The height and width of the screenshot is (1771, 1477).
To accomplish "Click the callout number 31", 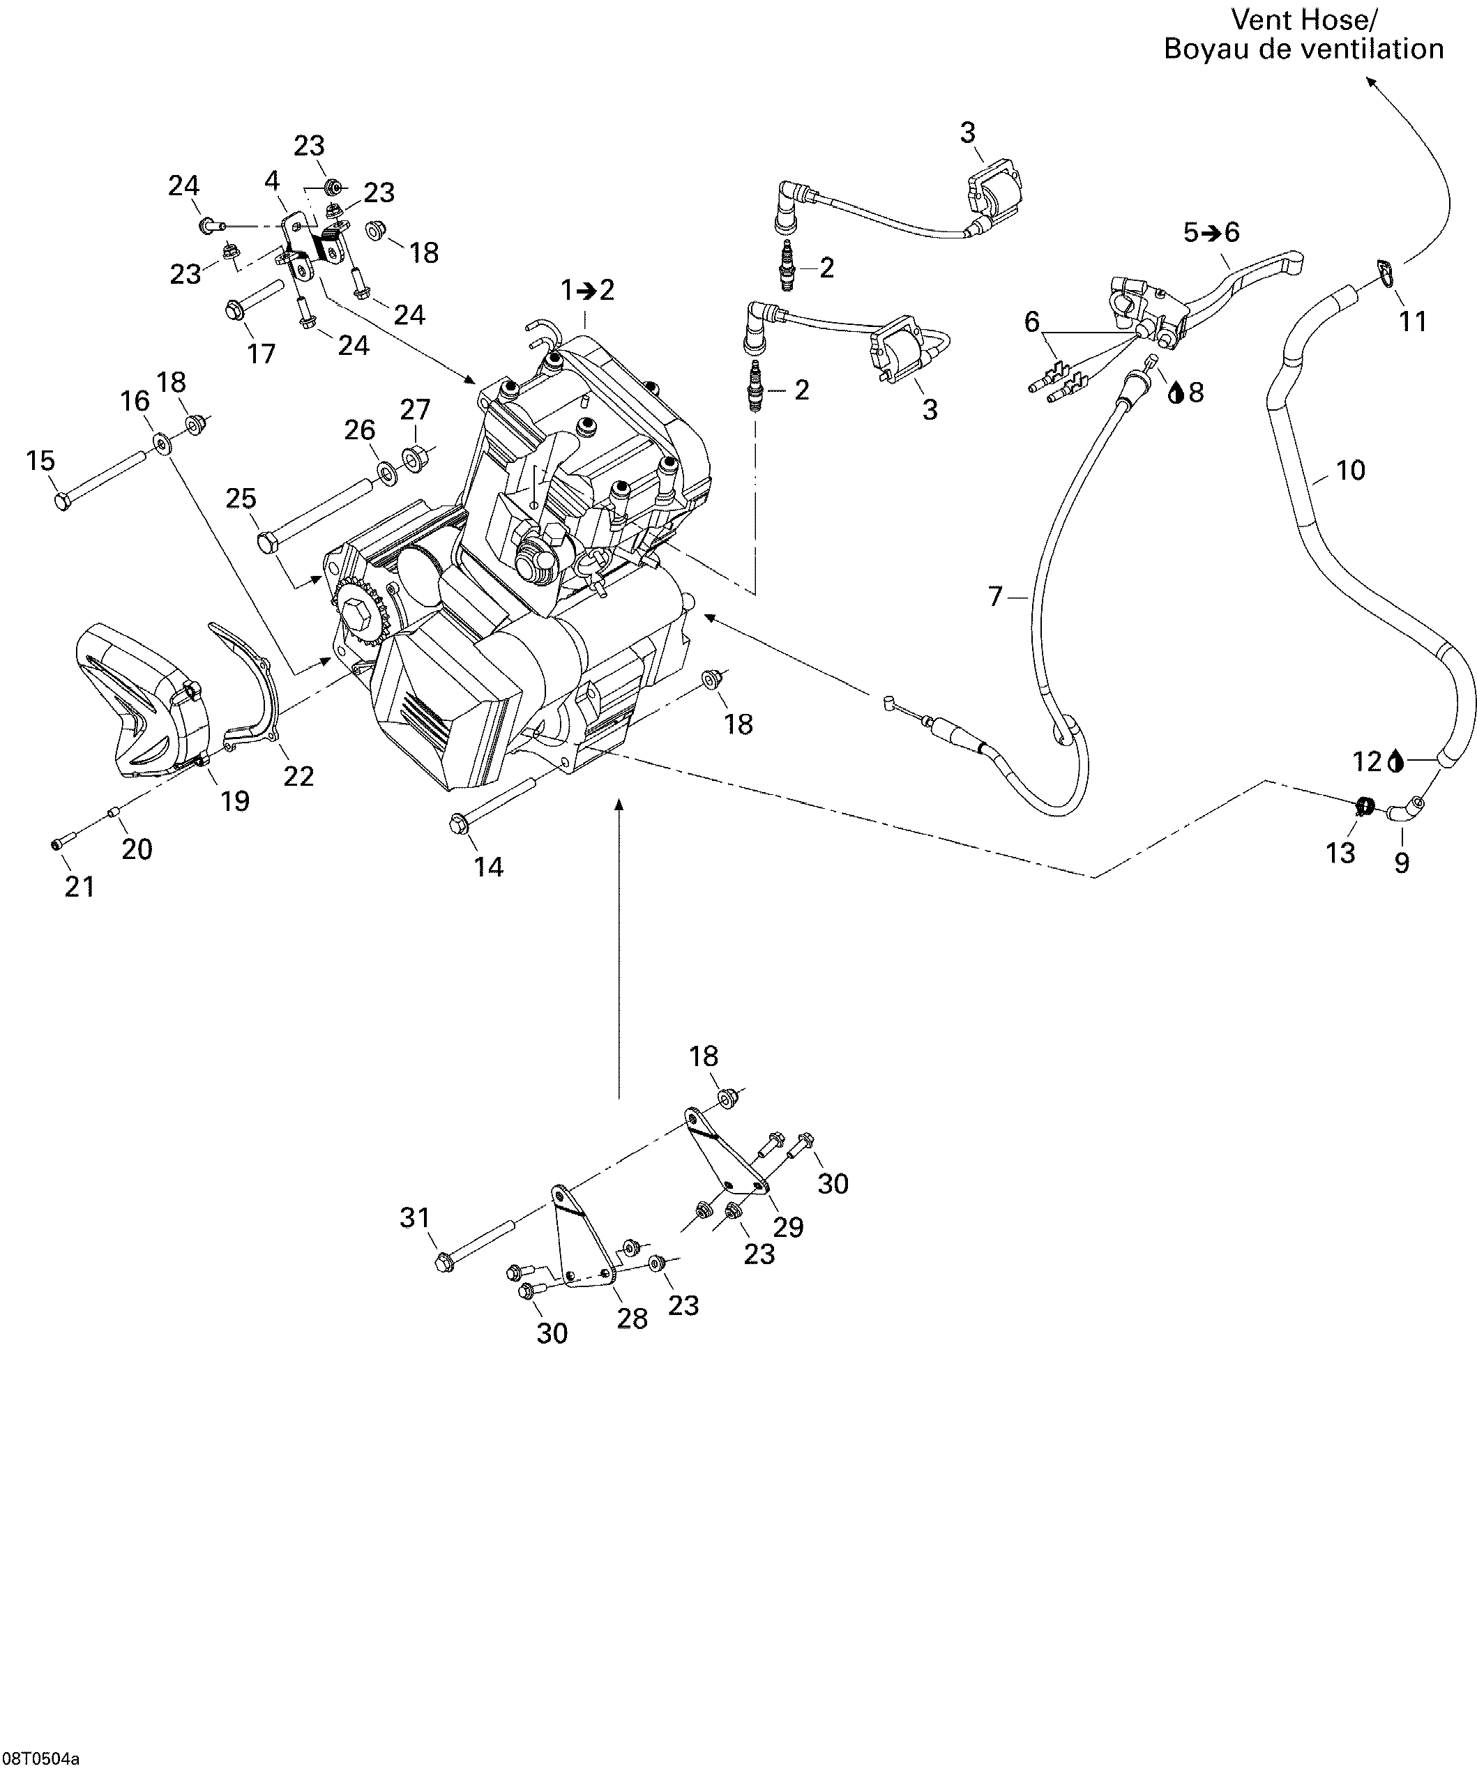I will click(414, 1218).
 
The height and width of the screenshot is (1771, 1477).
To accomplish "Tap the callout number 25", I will click(241, 499).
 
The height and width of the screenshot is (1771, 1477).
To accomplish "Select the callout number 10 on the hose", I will click(1351, 471).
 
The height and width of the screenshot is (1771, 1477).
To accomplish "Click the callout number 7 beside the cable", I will click(995, 597).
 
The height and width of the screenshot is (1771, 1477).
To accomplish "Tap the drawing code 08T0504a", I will click(40, 1759).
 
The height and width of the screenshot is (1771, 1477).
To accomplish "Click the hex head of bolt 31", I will click(444, 1263).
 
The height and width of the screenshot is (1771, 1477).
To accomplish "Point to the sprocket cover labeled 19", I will click(139, 704).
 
